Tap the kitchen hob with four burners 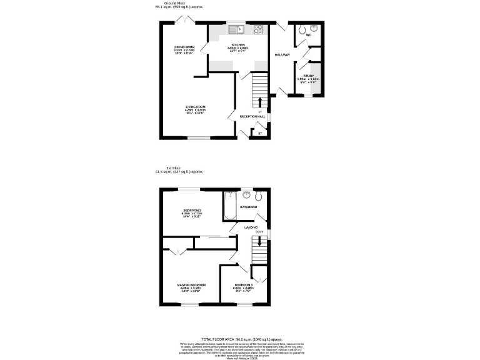[x=258, y=29]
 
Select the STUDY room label [x=308, y=77]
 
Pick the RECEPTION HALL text [x=253, y=116]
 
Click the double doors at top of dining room [x=184, y=21]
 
